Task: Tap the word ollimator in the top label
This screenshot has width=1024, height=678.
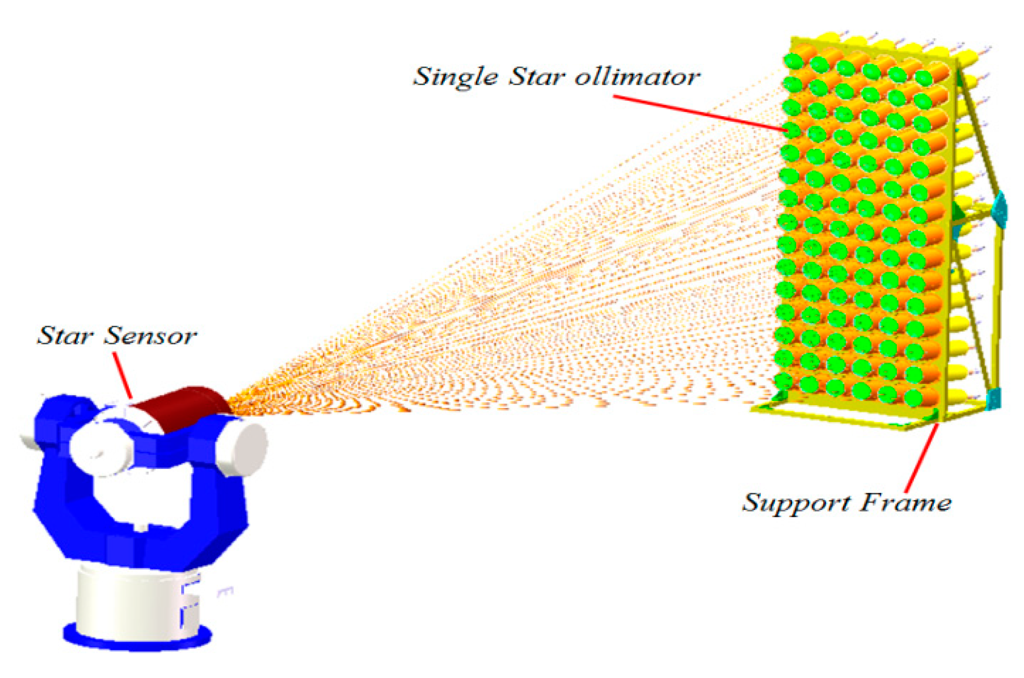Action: tap(637, 77)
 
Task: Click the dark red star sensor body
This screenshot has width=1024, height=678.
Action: tap(182, 407)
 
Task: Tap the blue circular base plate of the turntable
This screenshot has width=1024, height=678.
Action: tap(137, 638)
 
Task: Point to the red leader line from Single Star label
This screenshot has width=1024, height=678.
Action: tap(701, 113)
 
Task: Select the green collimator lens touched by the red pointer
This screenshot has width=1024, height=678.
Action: tap(792, 130)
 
